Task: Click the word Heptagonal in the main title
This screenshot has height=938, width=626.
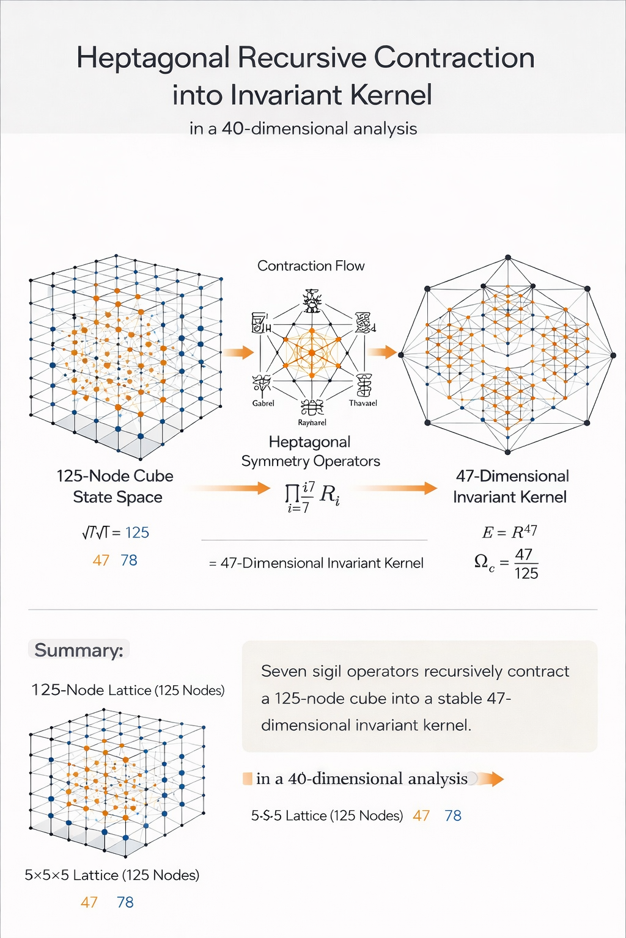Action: [153, 59]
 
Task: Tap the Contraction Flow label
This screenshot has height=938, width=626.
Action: [311, 266]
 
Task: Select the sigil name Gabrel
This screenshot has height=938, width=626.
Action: [263, 403]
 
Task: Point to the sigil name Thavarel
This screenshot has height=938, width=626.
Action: [363, 403]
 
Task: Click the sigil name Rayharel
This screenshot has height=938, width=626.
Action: [312, 423]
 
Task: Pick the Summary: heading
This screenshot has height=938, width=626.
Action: [79, 650]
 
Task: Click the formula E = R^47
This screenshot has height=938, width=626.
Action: [509, 532]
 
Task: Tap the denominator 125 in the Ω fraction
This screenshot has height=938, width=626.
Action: [526, 573]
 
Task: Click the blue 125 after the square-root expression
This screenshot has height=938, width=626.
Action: [137, 533]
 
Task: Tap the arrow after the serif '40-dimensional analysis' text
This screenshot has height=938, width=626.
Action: [490, 779]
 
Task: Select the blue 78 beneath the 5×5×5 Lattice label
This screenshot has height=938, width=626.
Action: [125, 902]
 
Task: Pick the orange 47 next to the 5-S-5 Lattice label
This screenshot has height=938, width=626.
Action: [421, 815]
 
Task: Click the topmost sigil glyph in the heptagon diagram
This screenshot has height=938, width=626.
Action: [312, 302]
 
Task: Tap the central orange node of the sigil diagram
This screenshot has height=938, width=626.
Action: [312, 352]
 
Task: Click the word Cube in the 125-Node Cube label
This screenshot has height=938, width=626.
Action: [153, 476]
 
